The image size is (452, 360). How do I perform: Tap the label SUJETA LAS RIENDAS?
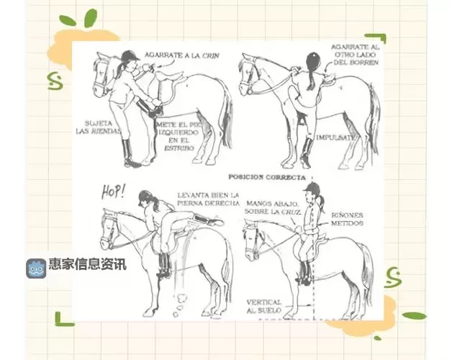(x=99, y=127)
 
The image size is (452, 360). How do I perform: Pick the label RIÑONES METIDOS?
(x=348, y=219)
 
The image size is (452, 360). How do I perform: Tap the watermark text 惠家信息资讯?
(x=87, y=264)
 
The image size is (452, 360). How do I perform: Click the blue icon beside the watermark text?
(x=37, y=265)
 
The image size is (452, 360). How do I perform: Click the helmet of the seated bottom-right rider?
(x=311, y=188)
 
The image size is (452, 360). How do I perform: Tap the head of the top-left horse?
(x=103, y=71)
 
